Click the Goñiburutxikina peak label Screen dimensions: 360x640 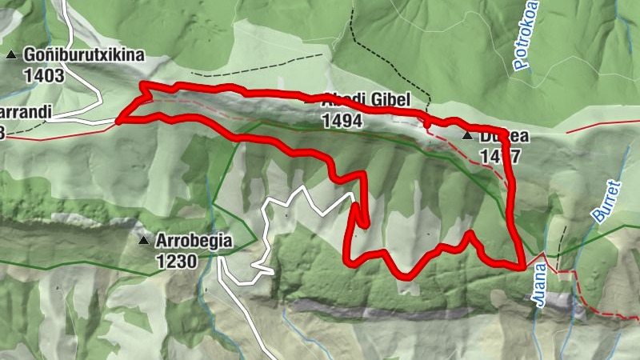click(x=83, y=54)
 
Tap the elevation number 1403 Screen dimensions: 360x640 click(x=44, y=75)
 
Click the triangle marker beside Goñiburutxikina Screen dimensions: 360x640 click(x=11, y=54)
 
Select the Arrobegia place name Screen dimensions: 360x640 click(x=194, y=240)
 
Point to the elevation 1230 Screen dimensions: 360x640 click(x=177, y=260)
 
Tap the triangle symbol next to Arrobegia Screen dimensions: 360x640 click(x=143, y=240)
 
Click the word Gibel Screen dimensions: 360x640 click(x=390, y=100)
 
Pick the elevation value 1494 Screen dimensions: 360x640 click(x=342, y=121)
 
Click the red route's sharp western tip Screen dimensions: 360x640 click(x=118, y=122)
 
